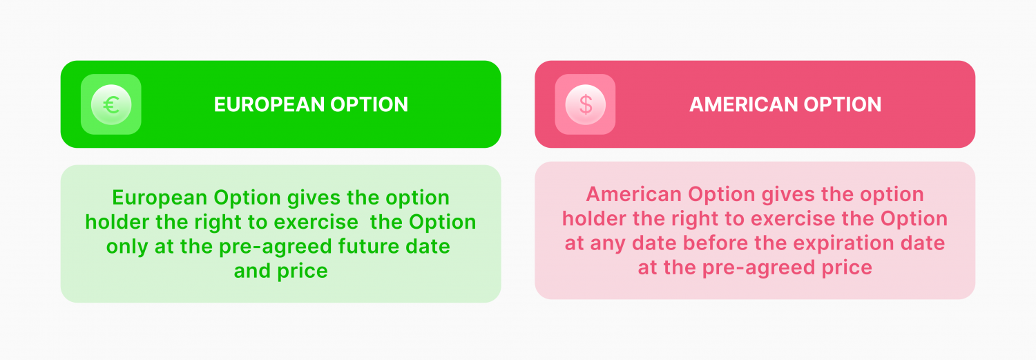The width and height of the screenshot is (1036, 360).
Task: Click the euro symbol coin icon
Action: coord(111,104)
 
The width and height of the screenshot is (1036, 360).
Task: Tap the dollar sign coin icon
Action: coord(586,104)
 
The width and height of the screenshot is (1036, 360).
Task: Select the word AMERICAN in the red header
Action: coord(743,104)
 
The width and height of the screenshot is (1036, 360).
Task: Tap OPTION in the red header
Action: coord(842,104)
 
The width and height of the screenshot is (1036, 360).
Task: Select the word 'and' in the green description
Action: coord(253,271)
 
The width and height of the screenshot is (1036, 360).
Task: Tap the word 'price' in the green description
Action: coord(303,272)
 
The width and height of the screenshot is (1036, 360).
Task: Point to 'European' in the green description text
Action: coord(160,198)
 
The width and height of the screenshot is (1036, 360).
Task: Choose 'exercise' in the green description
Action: coord(316,222)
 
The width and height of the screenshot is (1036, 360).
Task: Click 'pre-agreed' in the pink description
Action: coord(758,268)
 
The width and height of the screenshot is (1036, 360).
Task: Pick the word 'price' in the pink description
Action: coord(847,268)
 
